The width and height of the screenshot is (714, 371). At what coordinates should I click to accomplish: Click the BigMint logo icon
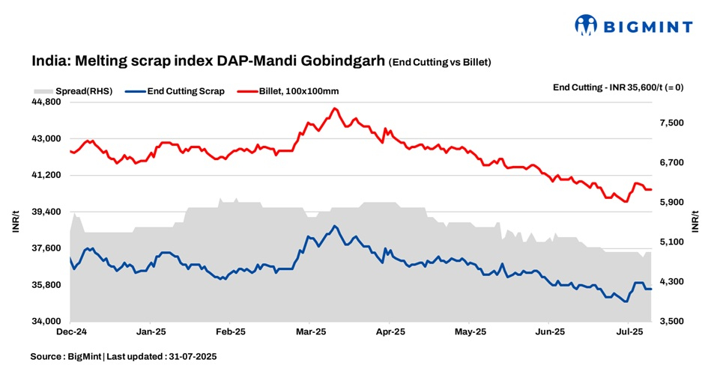pyautogui.click(x=586, y=25)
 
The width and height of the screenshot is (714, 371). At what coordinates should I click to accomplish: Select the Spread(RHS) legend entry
pyautogui.click(x=73, y=91)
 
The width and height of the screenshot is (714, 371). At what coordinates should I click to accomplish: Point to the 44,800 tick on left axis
pyautogui.click(x=47, y=102)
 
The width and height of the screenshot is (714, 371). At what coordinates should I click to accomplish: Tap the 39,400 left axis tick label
pyautogui.click(x=47, y=212)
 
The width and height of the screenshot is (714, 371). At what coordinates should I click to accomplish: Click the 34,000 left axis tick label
pyautogui.click(x=47, y=322)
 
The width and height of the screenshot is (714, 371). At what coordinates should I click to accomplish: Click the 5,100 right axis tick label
pyautogui.click(x=673, y=242)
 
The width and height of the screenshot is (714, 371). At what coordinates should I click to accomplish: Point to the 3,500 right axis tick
pyautogui.click(x=673, y=322)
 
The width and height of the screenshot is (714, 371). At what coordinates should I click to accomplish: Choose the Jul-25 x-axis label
pyautogui.click(x=629, y=331)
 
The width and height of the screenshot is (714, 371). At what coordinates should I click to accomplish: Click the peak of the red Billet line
pyautogui.click(x=334, y=108)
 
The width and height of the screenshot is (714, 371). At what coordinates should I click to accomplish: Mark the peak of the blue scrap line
pyautogui.click(x=335, y=226)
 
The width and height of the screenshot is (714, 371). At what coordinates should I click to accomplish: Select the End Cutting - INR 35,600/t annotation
pyautogui.click(x=617, y=88)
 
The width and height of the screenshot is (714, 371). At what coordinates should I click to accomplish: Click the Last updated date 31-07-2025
pyautogui.click(x=187, y=357)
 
